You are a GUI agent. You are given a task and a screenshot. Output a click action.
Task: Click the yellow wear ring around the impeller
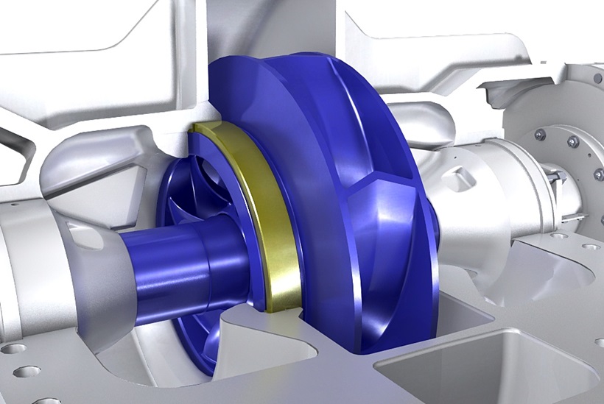pos(274,221)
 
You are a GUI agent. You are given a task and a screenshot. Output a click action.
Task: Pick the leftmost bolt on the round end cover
pos(540,135)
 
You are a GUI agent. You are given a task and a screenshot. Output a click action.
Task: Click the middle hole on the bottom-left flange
pos(26,372)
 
